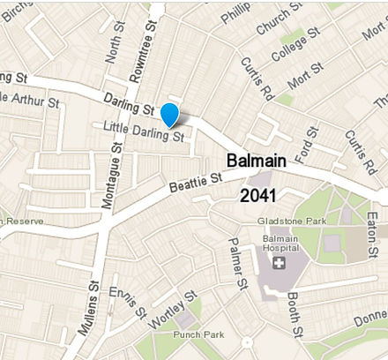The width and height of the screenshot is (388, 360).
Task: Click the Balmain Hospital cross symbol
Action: [280, 263]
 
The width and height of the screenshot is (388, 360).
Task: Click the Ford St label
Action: [310, 142]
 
